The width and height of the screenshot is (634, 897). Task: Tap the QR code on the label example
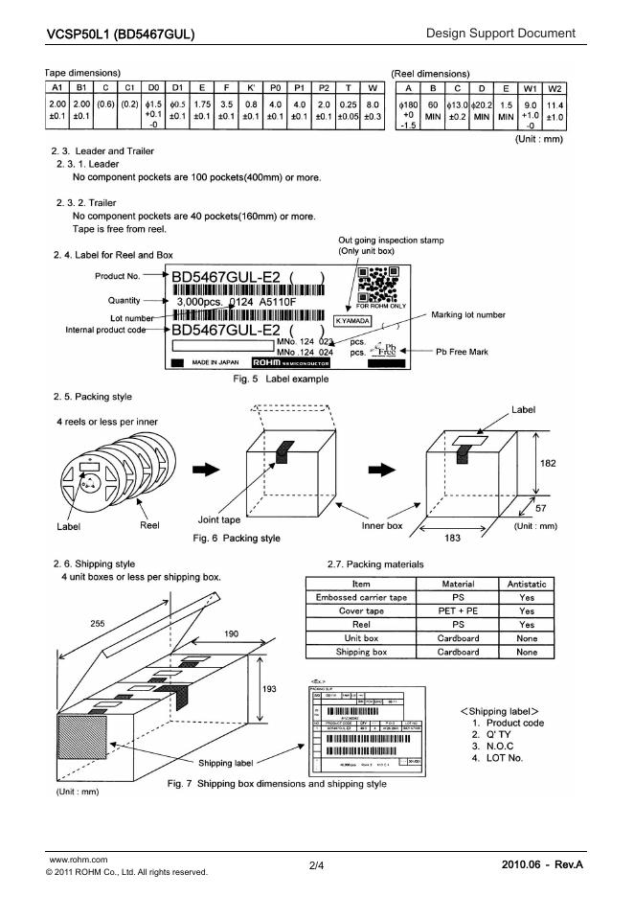(x=374, y=284)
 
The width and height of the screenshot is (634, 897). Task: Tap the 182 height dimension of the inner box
(x=549, y=463)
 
